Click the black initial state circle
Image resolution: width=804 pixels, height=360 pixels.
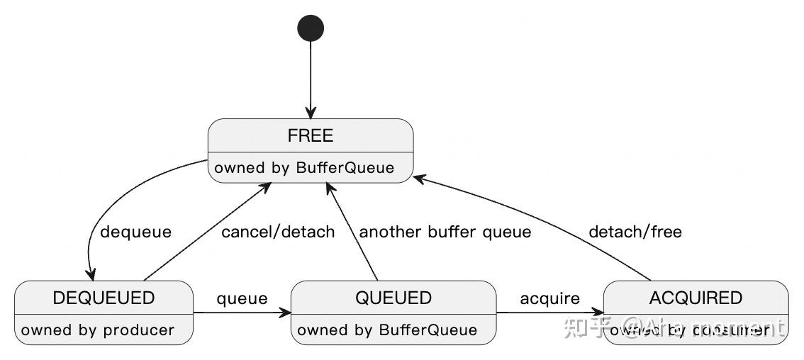[x=311, y=28]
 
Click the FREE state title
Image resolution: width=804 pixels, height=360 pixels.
[x=311, y=135]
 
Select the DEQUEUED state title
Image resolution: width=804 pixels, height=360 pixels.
[x=104, y=298]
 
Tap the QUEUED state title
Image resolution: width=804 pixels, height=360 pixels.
[x=393, y=298]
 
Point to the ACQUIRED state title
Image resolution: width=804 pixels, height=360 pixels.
[x=696, y=298]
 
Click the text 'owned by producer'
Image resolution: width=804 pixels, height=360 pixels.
[x=98, y=330]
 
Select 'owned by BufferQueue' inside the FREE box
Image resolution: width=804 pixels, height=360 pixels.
[x=304, y=168]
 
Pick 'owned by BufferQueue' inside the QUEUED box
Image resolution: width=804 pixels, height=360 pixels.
[x=387, y=330]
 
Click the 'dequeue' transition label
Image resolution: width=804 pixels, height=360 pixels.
[x=136, y=232]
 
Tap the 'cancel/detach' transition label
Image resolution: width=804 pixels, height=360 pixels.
[x=278, y=232]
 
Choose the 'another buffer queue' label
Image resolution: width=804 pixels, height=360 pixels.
[x=445, y=232]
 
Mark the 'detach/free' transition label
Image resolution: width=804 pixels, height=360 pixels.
[x=635, y=232]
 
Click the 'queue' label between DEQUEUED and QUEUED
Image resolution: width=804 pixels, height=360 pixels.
[x=242, y=298]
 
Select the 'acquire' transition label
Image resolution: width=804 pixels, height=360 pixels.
[x=550, y=298]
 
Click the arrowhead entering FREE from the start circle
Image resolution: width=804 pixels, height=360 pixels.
[x=311, y=113]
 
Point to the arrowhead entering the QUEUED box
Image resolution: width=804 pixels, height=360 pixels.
[x=285, y=313]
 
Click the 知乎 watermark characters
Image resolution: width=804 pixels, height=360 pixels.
[x=587, y=327]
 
